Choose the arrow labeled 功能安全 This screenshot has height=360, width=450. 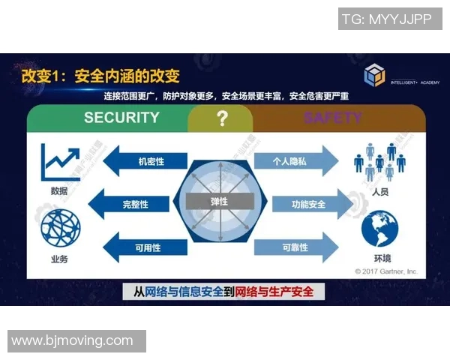pos(307,204)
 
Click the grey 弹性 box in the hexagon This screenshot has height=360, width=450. pos(218,202)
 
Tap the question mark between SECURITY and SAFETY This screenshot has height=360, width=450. pos(221,118)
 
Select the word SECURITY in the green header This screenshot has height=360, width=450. pos(121,118)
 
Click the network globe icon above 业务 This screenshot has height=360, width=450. pos(60,228)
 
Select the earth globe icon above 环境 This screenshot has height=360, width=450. pos(380,229)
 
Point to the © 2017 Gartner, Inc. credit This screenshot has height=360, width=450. pos(385,271)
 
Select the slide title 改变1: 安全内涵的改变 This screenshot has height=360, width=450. pos(100,76)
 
